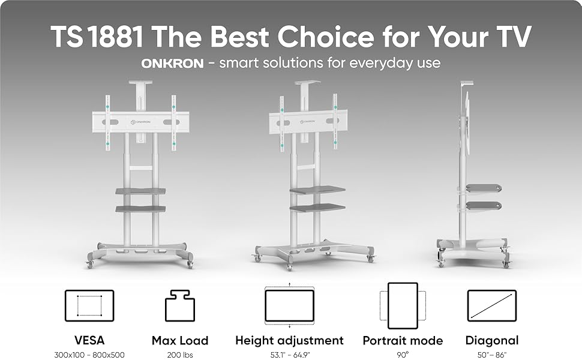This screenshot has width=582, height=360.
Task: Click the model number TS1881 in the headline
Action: pyautogui.click(x=97, y=37)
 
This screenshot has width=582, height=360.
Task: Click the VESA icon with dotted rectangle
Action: pyautogui.click(x=89, y=305)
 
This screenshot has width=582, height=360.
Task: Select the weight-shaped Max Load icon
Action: pyautogui.click(x=179, y=305)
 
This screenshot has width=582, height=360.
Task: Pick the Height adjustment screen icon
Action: pyautogui.click(x=289, y=305)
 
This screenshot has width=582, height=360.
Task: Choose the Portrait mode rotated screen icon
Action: pyautogui.click(x=402, y=305)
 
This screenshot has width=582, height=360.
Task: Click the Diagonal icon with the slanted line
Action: pyautogui.click(x=491, y=305)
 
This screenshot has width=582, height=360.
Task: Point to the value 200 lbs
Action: pyautogui.click(x=179, y=355)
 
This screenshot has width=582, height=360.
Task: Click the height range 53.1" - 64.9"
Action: pyautogui.click(x=289, y=355)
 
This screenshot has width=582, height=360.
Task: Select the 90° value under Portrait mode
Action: pyautogui.click(x=402, y=355)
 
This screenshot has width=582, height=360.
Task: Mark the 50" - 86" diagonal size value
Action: pyautogui.click(x=491, y=355)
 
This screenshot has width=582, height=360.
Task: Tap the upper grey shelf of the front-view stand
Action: pyautogui.click(x=139, y=191)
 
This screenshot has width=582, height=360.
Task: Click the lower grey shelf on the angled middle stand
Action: pyautogui.click(x=317, y=208)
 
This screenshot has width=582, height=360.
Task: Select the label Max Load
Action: pyautogui.click(x=179, y=341)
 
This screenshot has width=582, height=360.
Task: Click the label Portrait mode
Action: pyautogui.click(x=402, y=341)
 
